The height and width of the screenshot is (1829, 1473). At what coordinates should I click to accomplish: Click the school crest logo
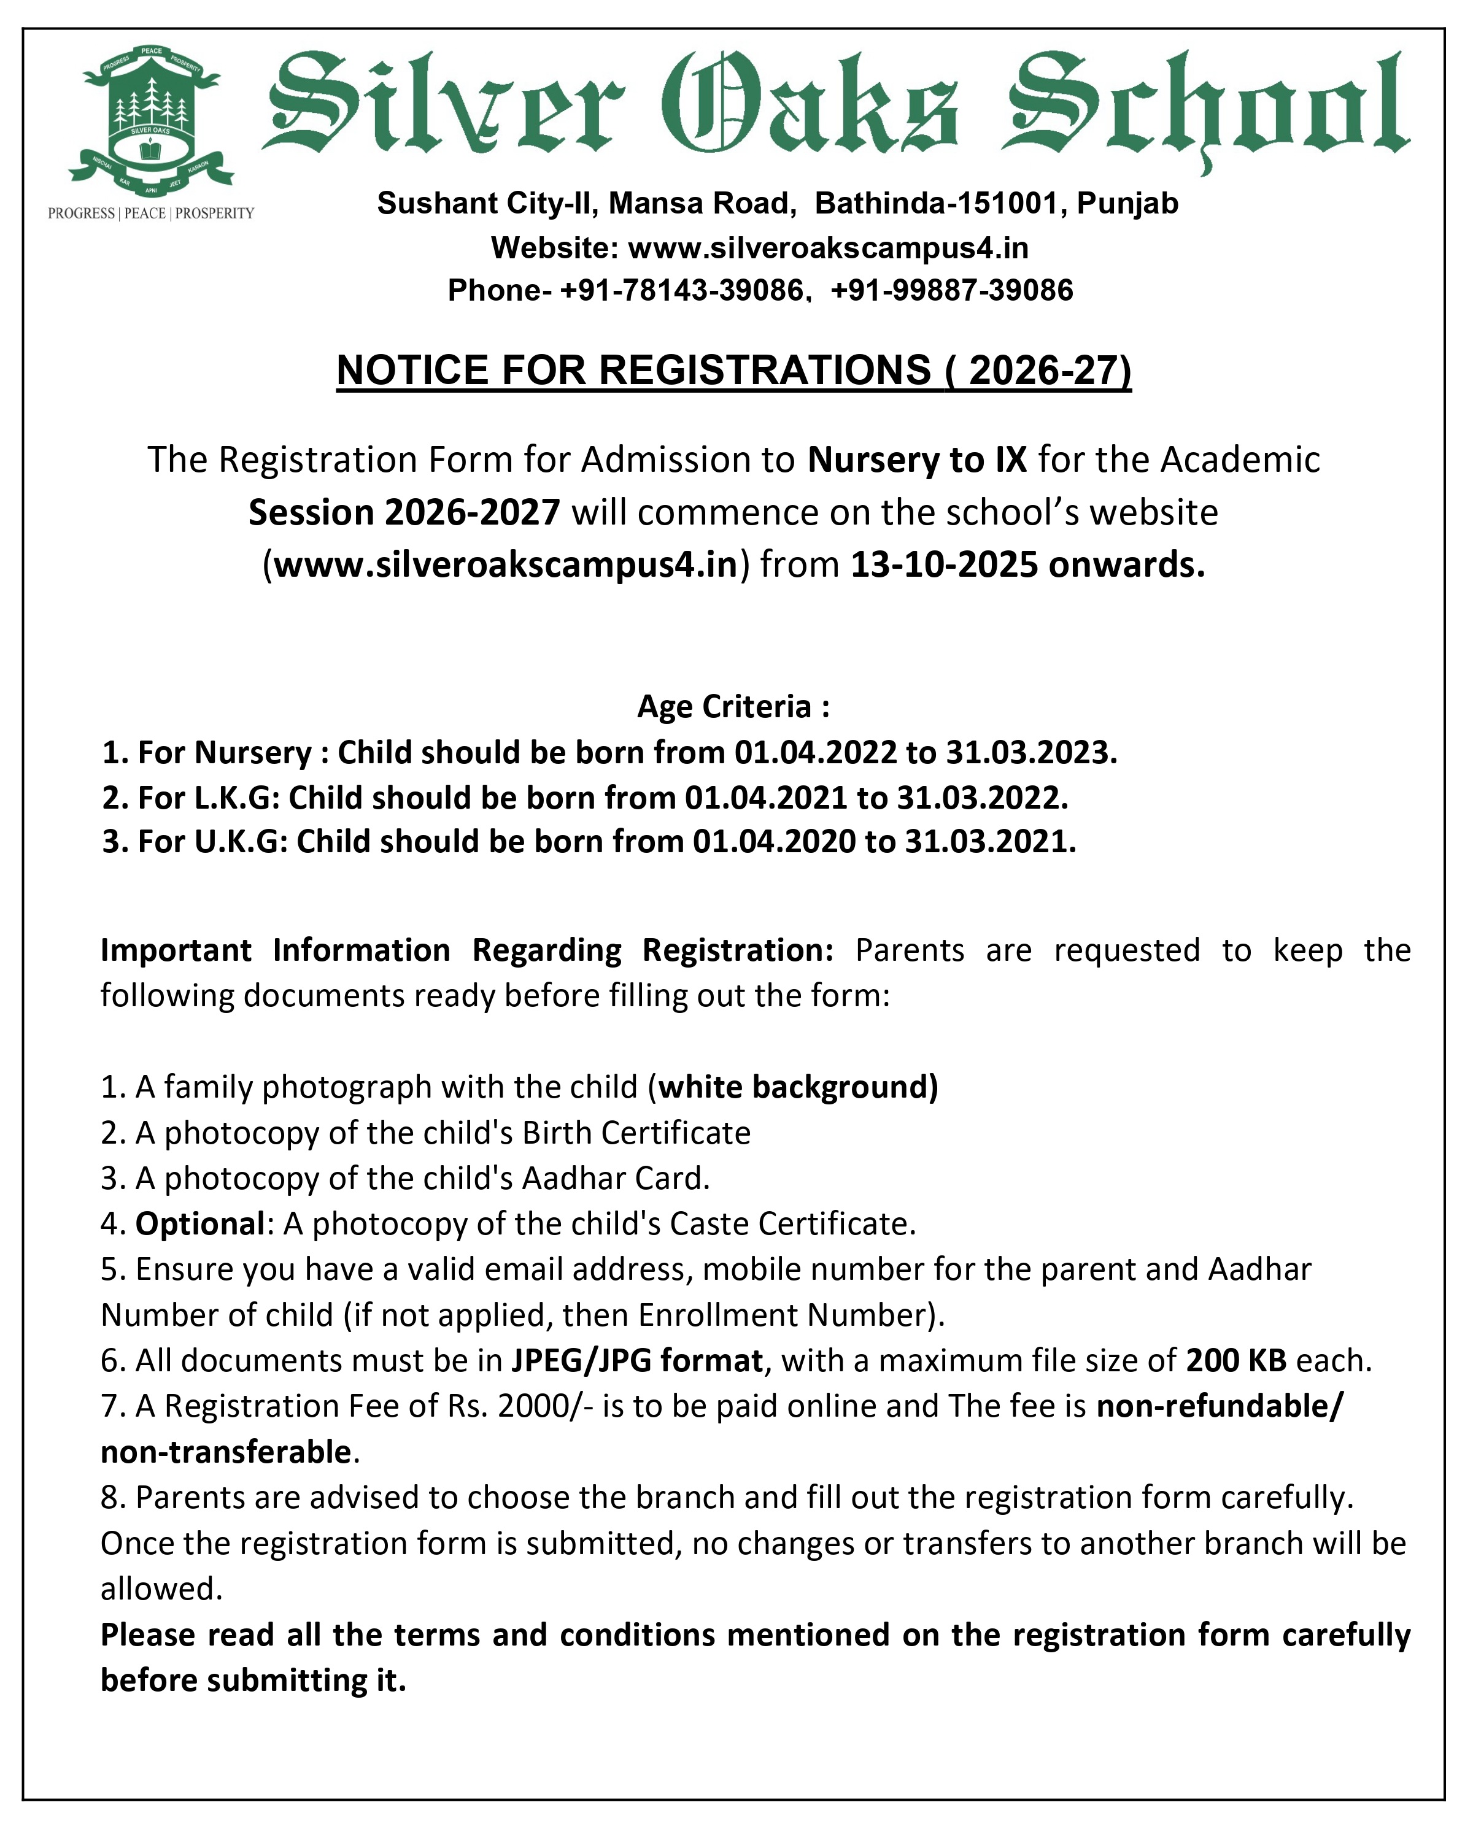(151, 119)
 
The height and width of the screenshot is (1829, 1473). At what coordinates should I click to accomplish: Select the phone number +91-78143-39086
(681, 290)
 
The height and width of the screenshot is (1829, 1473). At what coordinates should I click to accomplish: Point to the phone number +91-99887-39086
(951, 290)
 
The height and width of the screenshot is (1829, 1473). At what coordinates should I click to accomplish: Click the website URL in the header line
(827, 248)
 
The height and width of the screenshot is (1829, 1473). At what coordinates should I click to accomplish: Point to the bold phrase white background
(798, 1086)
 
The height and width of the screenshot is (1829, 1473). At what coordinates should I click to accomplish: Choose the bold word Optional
(200, 1223)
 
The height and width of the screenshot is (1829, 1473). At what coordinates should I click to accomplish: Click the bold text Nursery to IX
(916, 459)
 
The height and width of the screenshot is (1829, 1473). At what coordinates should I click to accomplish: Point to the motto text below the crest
(151, 213)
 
